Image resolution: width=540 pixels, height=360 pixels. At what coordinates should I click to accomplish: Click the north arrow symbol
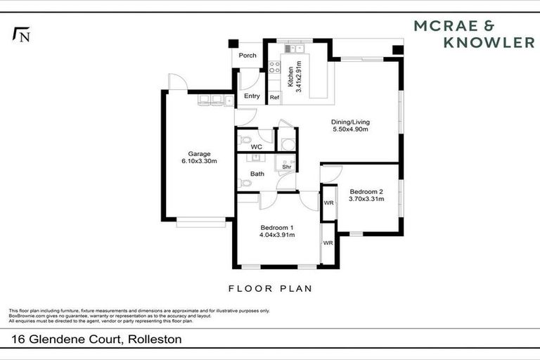pos(21,34)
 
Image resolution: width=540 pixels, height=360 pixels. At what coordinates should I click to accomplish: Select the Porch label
pos(247,56)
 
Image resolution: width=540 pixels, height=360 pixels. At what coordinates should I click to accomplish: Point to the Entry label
pos(252,96)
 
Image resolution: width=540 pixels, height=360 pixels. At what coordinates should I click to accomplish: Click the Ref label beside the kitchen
pos(275,97)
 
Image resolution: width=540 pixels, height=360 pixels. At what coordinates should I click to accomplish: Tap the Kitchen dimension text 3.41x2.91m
pos(298,72)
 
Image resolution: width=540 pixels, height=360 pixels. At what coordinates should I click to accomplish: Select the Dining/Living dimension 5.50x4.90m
pos(350,130)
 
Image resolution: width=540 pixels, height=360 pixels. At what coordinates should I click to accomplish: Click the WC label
pos(257,146)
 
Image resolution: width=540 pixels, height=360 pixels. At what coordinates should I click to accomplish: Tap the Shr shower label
pos(287,167)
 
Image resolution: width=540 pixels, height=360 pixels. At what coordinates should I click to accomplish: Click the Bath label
pos(257,173)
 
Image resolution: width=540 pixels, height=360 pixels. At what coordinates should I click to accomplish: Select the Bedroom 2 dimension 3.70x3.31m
pos(367,199)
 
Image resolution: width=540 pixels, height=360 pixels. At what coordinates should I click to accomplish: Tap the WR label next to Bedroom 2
pos(328,203)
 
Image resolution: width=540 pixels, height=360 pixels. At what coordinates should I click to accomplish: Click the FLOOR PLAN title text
pos(270,288)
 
